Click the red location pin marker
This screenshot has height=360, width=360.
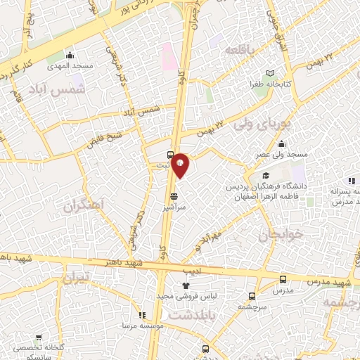coord(181,165)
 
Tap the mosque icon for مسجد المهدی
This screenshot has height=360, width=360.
coord(70,56)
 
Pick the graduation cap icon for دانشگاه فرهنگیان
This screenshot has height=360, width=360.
coord(265,176)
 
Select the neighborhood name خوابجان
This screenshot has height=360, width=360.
coord(283,236)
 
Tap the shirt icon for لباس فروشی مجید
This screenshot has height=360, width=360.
coord(186,285)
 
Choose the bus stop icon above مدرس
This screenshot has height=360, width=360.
coord(283,279)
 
